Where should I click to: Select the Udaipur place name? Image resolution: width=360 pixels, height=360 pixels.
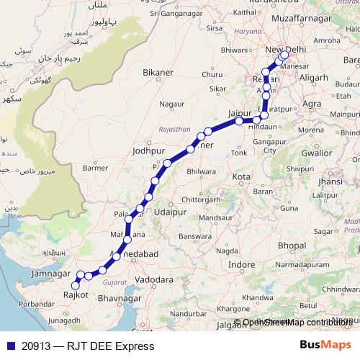click(x=171, y=215)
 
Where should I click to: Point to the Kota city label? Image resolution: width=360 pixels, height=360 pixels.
click(x=241, y=176)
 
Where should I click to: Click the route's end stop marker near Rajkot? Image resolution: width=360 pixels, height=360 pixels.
click(x=75, y=286)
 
